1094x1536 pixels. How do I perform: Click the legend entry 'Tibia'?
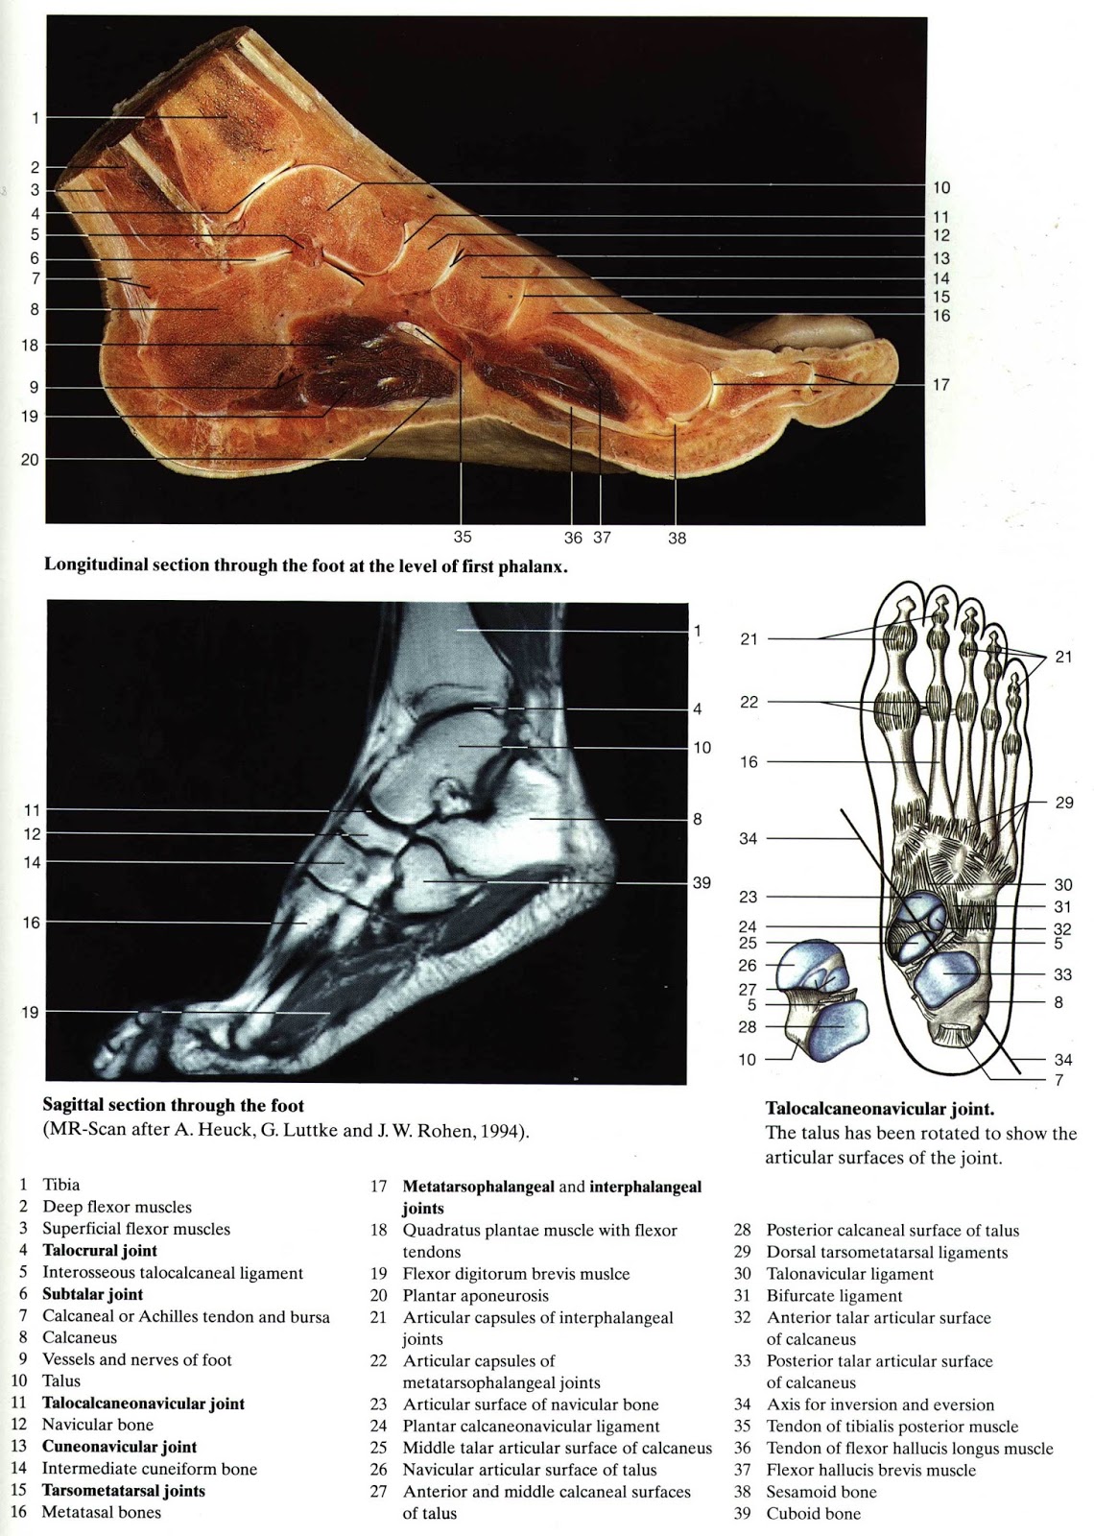[x=60, y=1185]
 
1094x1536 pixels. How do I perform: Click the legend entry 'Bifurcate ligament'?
[x=834, y=1296]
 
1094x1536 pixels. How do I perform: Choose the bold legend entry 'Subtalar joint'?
[x=92, y=1294]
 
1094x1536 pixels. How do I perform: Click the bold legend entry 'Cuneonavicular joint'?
[x=119, y=1447]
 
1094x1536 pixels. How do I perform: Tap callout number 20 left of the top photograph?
[x=30, y=460]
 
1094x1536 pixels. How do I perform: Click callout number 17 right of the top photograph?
[x=940, y=384]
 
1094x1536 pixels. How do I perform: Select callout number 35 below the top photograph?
[x=463, y=538]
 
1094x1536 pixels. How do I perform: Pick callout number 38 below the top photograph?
[x=678, y=539]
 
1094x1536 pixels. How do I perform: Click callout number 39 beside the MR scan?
[x=702, y=882]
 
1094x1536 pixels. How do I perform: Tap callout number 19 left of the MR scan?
[x=30, y=1012]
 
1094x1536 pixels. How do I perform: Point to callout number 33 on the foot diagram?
[x=1062, y=973]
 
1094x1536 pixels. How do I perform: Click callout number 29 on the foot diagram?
[x=1063, y=803]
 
